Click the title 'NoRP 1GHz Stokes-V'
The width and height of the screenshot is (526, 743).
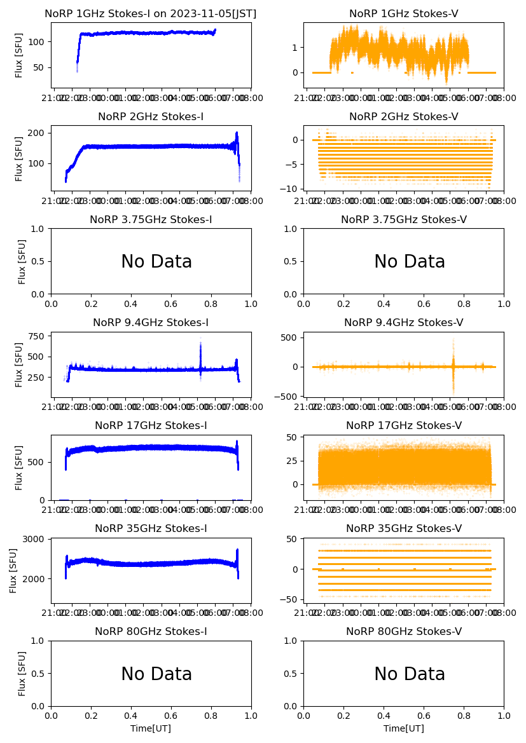(x=403, y=14)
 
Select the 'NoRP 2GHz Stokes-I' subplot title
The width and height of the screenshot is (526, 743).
(x=151, y=117)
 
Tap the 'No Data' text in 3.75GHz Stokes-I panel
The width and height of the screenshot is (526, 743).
(x=156, y=262)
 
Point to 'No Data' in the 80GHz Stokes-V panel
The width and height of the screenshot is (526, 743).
(x=410, y=674)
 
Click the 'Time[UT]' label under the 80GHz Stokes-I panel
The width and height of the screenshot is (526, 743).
(x=151, y=728)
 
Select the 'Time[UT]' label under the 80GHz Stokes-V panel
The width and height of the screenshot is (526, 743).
(x=403, y=728)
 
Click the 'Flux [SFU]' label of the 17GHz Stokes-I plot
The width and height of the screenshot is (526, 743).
(x=19, y=467)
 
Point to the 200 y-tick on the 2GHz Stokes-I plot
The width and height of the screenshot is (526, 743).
(x=37, y=133)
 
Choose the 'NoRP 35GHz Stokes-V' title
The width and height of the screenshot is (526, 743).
(x=403, y=529)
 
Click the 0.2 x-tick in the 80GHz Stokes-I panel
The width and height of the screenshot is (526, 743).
(x=92, y=716)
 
